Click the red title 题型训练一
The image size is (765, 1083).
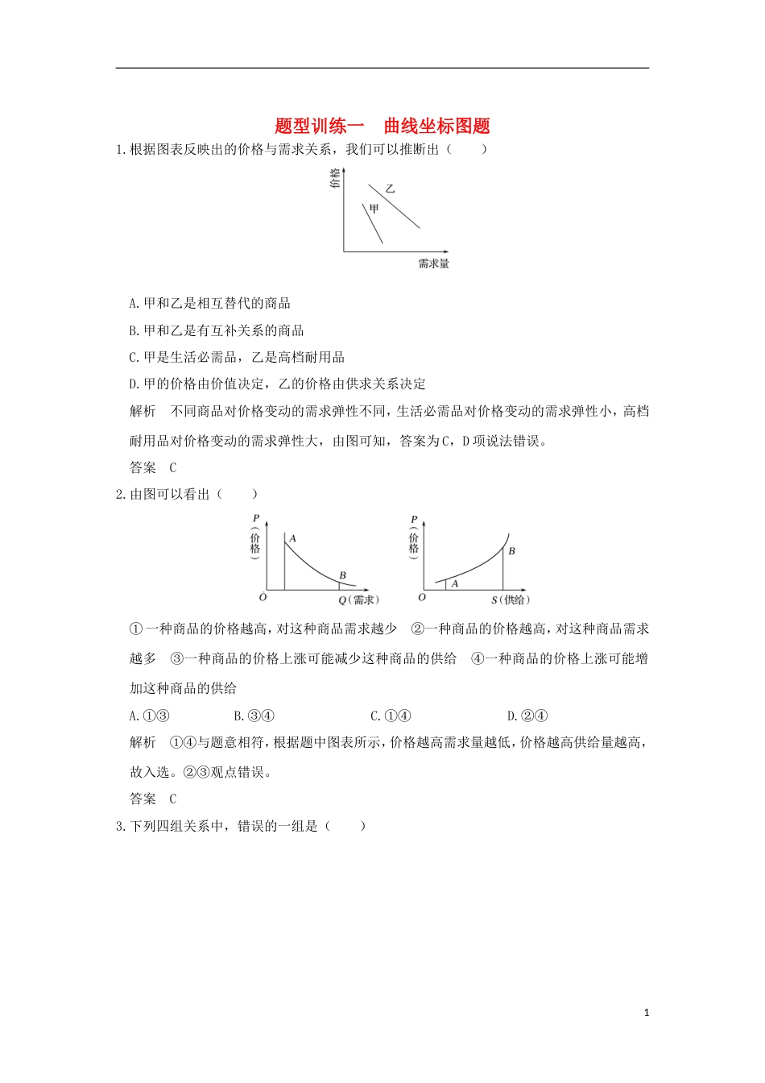(x=320, y=126)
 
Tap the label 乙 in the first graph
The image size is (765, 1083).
(x=391, y=189)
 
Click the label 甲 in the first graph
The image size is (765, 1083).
(x=374, y=209)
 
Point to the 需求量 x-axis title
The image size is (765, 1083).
(x=433, y=263)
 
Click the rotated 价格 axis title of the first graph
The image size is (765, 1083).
(x=335, y=178)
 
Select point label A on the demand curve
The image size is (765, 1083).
(x=292, y=538)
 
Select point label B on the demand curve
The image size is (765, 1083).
(x=342, y=575)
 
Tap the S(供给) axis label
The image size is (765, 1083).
(x=511, y=600)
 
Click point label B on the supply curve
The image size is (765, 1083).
(x=511, y=551)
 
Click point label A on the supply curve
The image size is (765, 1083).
(x=455, y=583)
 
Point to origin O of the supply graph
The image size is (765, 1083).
(x=422, y=598)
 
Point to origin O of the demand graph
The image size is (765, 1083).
(x=263, y=598)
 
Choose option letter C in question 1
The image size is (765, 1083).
(x=134, y=357)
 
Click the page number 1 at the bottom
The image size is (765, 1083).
(x=646, y=1013)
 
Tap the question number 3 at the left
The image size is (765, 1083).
(x=120, y=826)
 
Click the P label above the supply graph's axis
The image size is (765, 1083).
(x=414, y=520)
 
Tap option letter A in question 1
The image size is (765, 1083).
(x=134, y=304)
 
